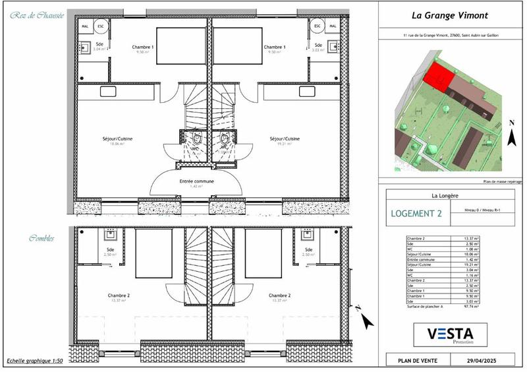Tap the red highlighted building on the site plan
pyautogui.click(x=435, y=78)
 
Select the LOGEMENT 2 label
pyautogui.click(x=416, y=213)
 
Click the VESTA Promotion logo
pyautogui.click(x=451, y=334)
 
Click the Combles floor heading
pyautogui.click(x=42, y=237)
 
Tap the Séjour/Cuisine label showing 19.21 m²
pyautogui.click(x=285, y=140)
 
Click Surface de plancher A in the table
pyautogui.click(x=426, y=307)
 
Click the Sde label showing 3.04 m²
pyautogui.click(x=99, y=46)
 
